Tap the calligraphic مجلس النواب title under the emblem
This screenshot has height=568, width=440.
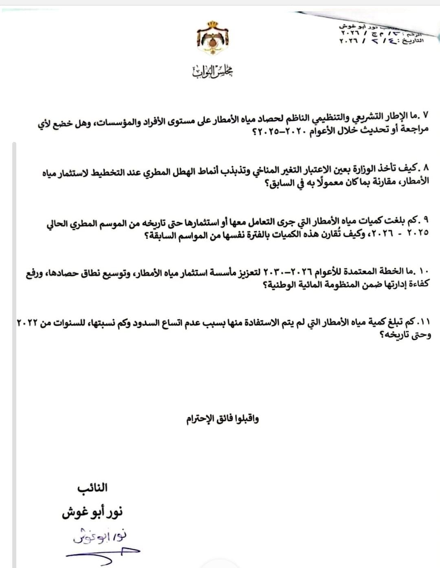click(213, 71)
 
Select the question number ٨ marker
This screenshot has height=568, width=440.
click(426, 168)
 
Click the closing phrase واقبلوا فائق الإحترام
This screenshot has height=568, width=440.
click(222, 419)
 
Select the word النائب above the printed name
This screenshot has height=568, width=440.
click(92, 488)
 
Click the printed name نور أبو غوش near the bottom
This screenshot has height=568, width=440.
click(92, 512)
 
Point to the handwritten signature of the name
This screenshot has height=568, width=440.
click(99, 537)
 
